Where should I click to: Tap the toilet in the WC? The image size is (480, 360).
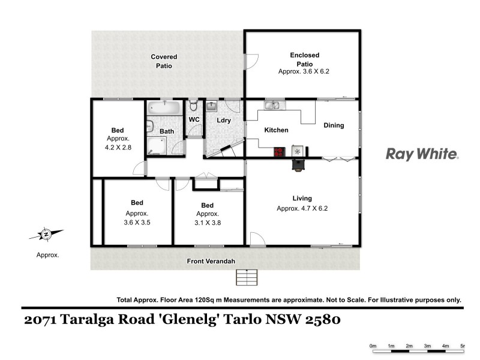pos(193,106)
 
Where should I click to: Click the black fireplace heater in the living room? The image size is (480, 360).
pos(298,164)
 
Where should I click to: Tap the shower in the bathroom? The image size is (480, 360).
pos(158,145)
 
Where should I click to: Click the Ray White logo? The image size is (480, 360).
pos(422,155)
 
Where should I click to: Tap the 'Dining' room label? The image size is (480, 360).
pos(334,125)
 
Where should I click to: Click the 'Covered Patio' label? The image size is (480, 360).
pos(164,61)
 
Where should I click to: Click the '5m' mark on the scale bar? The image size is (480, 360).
pos(462,346)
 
